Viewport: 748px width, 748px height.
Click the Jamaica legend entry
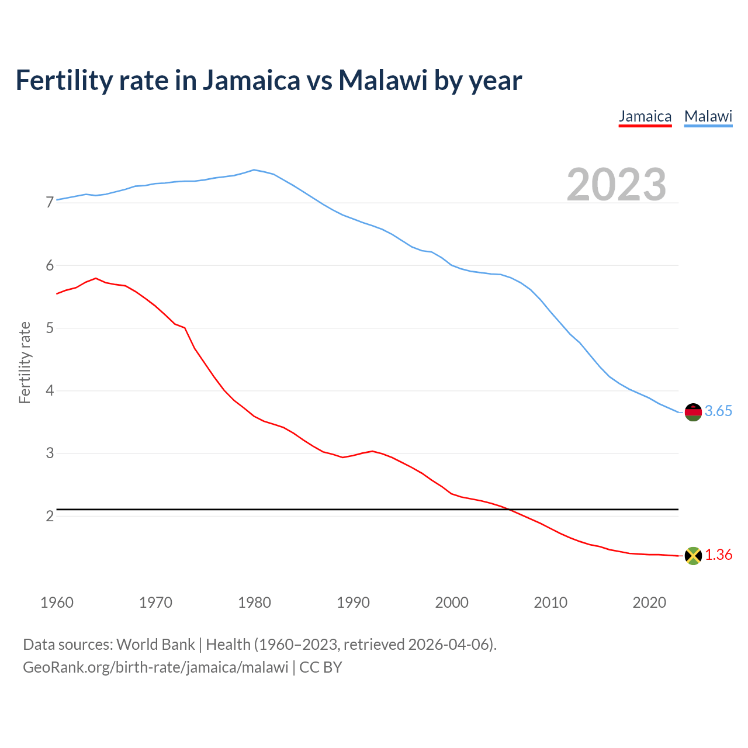pyautogui.click(x=645, y=116)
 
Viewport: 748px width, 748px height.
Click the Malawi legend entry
pyautogui.click(x=708, y=116)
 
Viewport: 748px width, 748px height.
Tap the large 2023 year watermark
pyautogui.click(x=617, y=185)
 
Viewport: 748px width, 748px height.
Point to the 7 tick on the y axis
pyautogui.click(x=50, y=203)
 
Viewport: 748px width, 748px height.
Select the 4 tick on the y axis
pyautogui.click(x=50, y=390)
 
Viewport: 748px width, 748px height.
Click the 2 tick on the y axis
pyautogui.click(x=50, y=516)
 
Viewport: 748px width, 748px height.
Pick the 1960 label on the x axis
pyautogui.click(x=57, y=602)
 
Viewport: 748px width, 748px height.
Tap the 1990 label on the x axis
pyautogui.click(x=353, y=602)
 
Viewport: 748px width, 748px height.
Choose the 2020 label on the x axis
pyautogui.click(x=649, y=602)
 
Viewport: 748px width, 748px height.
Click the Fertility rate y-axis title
pyautogui.click(x=25, y=362)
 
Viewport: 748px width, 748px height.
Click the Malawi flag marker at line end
pyautogui.click(x=693, y=412)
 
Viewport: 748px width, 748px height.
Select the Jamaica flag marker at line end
pyautogui.click(x=693, y=556)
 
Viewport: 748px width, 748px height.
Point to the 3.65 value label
pyautogui.click(x=718, y=411)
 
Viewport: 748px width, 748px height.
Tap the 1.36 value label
pyautogui.click(x=718, y=555)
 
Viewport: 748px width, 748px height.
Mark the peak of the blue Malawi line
pyautogui.click(x=254, y=170)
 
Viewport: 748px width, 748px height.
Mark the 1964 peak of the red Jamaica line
pyautogui.click(x=96, y=278)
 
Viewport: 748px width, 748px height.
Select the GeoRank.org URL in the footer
pyautogui.click(x=155, y=667)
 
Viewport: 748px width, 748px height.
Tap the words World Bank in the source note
pyautogui.click(x=155, y=645)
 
